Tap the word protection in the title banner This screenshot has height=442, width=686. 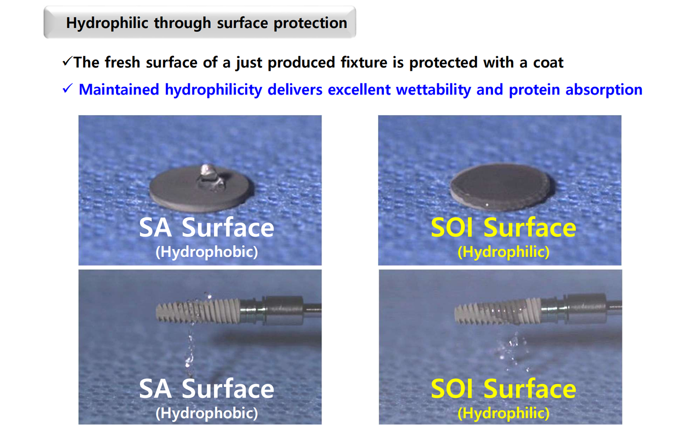[311, 23]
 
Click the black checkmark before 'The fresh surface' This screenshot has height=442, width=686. [67, 61]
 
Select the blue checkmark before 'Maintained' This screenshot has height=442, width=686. [67, 88]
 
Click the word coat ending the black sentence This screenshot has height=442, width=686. [548, 63]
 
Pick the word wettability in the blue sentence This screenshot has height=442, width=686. [433, 90]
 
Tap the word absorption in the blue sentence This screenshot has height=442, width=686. [604, 90]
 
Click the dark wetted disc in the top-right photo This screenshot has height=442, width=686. [502, 187]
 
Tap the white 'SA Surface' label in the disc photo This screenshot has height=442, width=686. [207, 228]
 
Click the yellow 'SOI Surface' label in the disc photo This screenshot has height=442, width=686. [503, 228]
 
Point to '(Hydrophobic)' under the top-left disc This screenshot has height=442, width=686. [207, 252]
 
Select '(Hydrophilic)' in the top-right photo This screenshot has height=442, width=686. [503, 252]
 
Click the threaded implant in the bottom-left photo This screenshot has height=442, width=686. [198, 311]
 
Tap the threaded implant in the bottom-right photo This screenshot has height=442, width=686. [497, 312]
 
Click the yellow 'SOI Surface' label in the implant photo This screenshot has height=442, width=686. [503, 389]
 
